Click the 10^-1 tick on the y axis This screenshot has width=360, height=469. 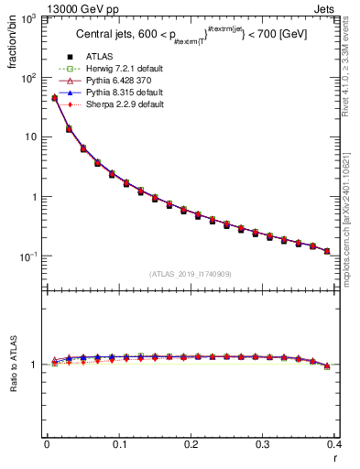[x=30, y=256]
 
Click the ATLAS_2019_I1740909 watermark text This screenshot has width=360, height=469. [x=191, y=274]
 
